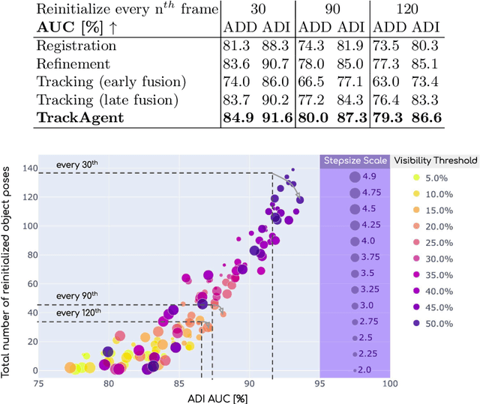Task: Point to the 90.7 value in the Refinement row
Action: pos(276,64)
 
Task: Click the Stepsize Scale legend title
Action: pos(355,160)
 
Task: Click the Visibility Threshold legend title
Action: pos(434,160)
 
